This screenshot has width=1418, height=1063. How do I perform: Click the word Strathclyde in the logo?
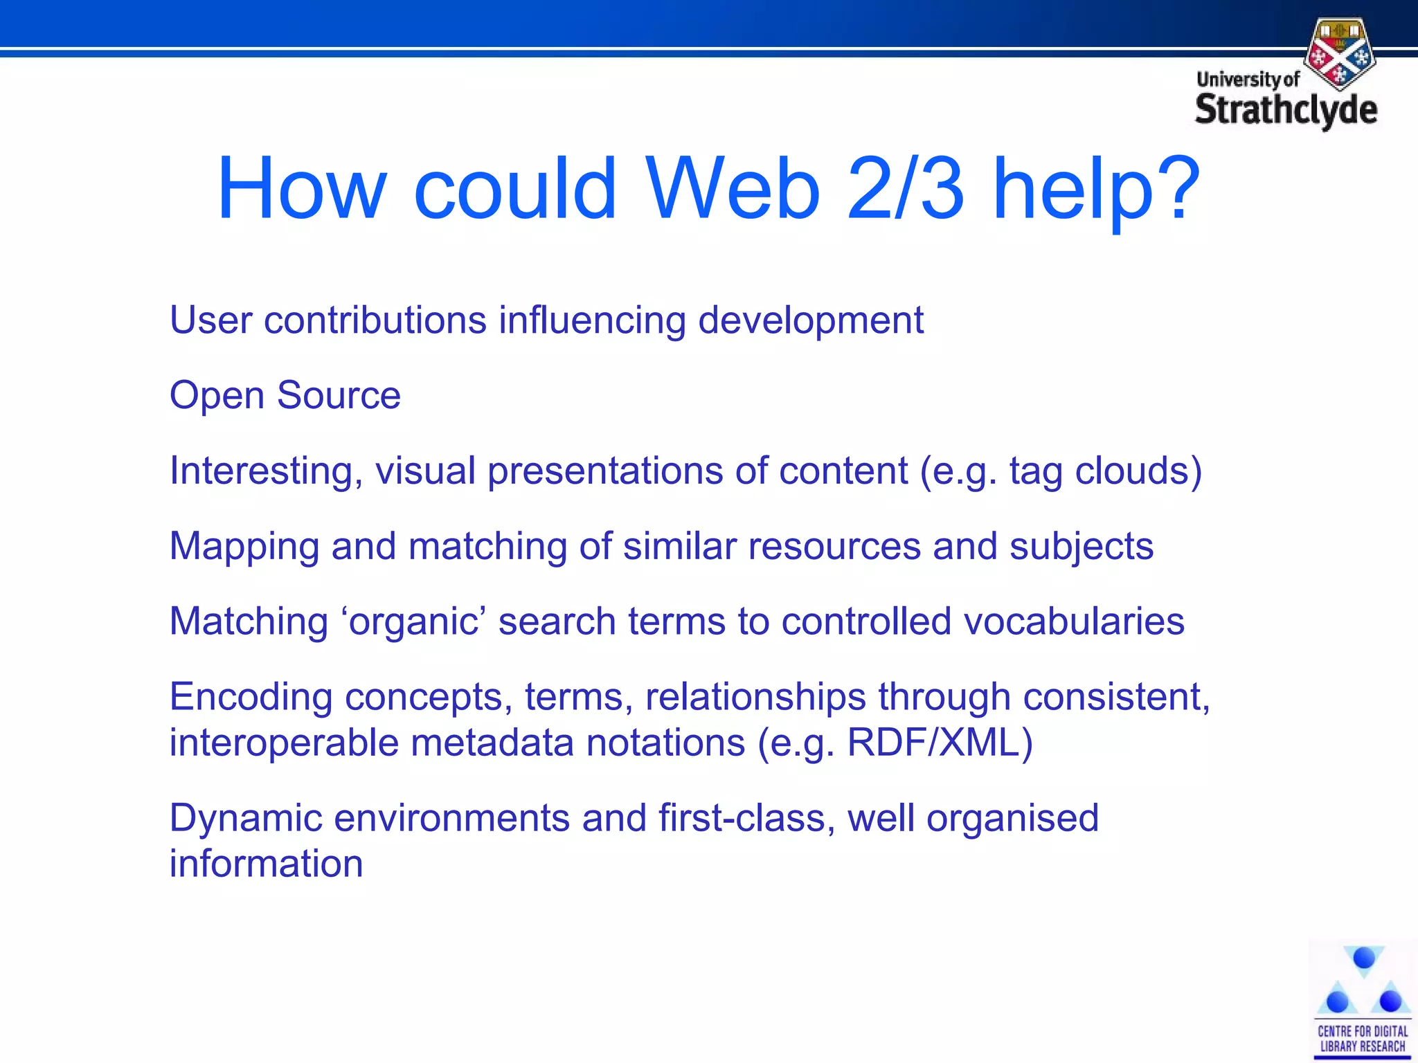(x=1286, y=111)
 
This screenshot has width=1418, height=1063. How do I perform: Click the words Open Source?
(x=285, y=395)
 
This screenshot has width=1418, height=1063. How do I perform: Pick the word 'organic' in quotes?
(x=413, y=621)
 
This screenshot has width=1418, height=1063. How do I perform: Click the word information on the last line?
(x=266, y=864)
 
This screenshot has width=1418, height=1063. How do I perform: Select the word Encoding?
(x=251, y=697)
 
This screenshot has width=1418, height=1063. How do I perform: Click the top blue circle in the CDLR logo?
(x=1363, y=958)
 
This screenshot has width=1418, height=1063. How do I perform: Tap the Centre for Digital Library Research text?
(x=1362, y=1039)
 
